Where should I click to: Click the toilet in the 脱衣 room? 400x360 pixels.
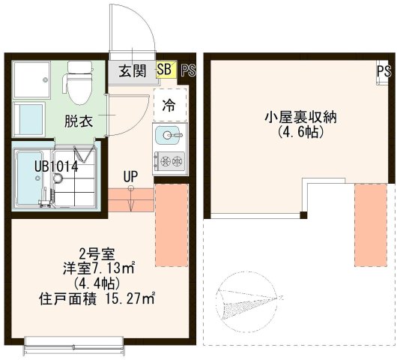pyautogui.click(x=77, y=82)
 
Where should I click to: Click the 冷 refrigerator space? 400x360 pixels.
pyautogui.click(x=169, y=106)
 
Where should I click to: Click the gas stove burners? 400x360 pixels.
pyautogui.click(x=169, y=160)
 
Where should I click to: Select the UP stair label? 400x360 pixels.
pyautogui.click(x=131, y=176)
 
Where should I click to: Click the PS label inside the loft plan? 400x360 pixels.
pyautogui.click(x=384, y=72)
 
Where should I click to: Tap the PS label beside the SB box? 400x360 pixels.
pyautogui.click(x=187, y=70)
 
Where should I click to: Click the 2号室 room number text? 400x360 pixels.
pyautogui.click(x=96, y=253)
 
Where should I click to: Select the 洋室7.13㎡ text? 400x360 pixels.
pyautogui.click(x=98, y=267)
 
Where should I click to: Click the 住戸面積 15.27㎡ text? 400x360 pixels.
pyautogui.click(x=96, y=298)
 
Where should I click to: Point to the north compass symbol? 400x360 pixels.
pyautogui.click(x=243, y=299)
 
